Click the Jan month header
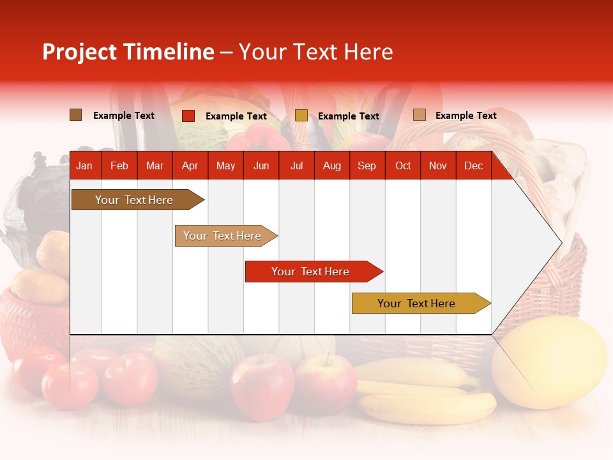[84, 166]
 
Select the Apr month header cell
[190, 166]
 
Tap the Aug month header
[331, 166]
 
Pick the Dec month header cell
[473, 166]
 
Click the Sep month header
[367, 166]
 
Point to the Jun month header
[261, 166]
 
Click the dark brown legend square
[76, 115]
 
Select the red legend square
[188, 116]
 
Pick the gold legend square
[301, 116]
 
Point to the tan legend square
[419, 115]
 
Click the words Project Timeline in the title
[128, 52]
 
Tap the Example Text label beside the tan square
[465, 116]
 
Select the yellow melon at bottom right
[552, 361]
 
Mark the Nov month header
[438, 166]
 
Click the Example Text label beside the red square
[236, 116]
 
